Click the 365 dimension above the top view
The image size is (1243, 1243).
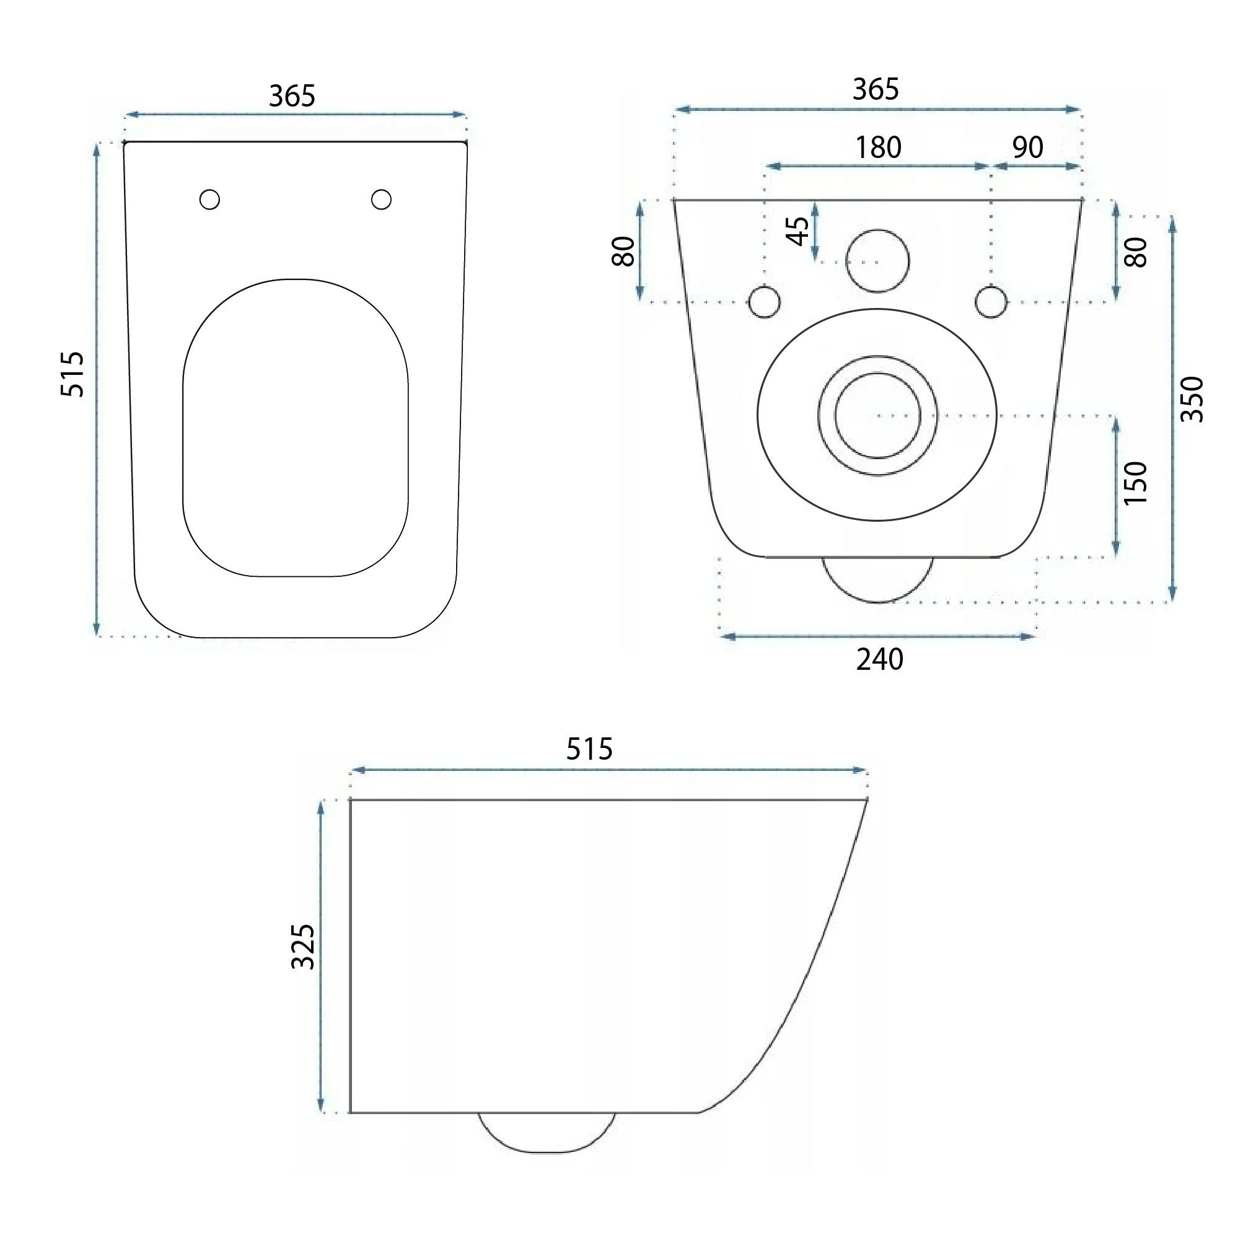click(x=292, y=96)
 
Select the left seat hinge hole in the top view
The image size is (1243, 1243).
click(x=209, y=200)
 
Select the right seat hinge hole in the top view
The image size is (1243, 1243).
click(x=381, y=200)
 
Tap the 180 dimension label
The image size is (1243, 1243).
click(x=877, y=147)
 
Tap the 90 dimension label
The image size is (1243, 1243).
click(x=1027, y=147)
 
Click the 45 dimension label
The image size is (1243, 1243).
click(x=799, y=231)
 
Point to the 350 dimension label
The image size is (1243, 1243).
click(x=1192, y=400)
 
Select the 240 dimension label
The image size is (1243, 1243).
click(x=879, y=660)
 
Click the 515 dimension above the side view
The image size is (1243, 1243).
click(x=589, y=749)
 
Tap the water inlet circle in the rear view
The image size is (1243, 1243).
click(x=877, y=261)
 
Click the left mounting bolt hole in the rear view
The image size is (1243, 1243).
click(x=765, y=301)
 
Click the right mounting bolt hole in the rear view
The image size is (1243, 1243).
click(x=991, y=301)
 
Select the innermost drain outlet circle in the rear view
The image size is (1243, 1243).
click(x=877, y=416)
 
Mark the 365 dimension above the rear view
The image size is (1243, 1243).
click(x=876, y=89)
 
